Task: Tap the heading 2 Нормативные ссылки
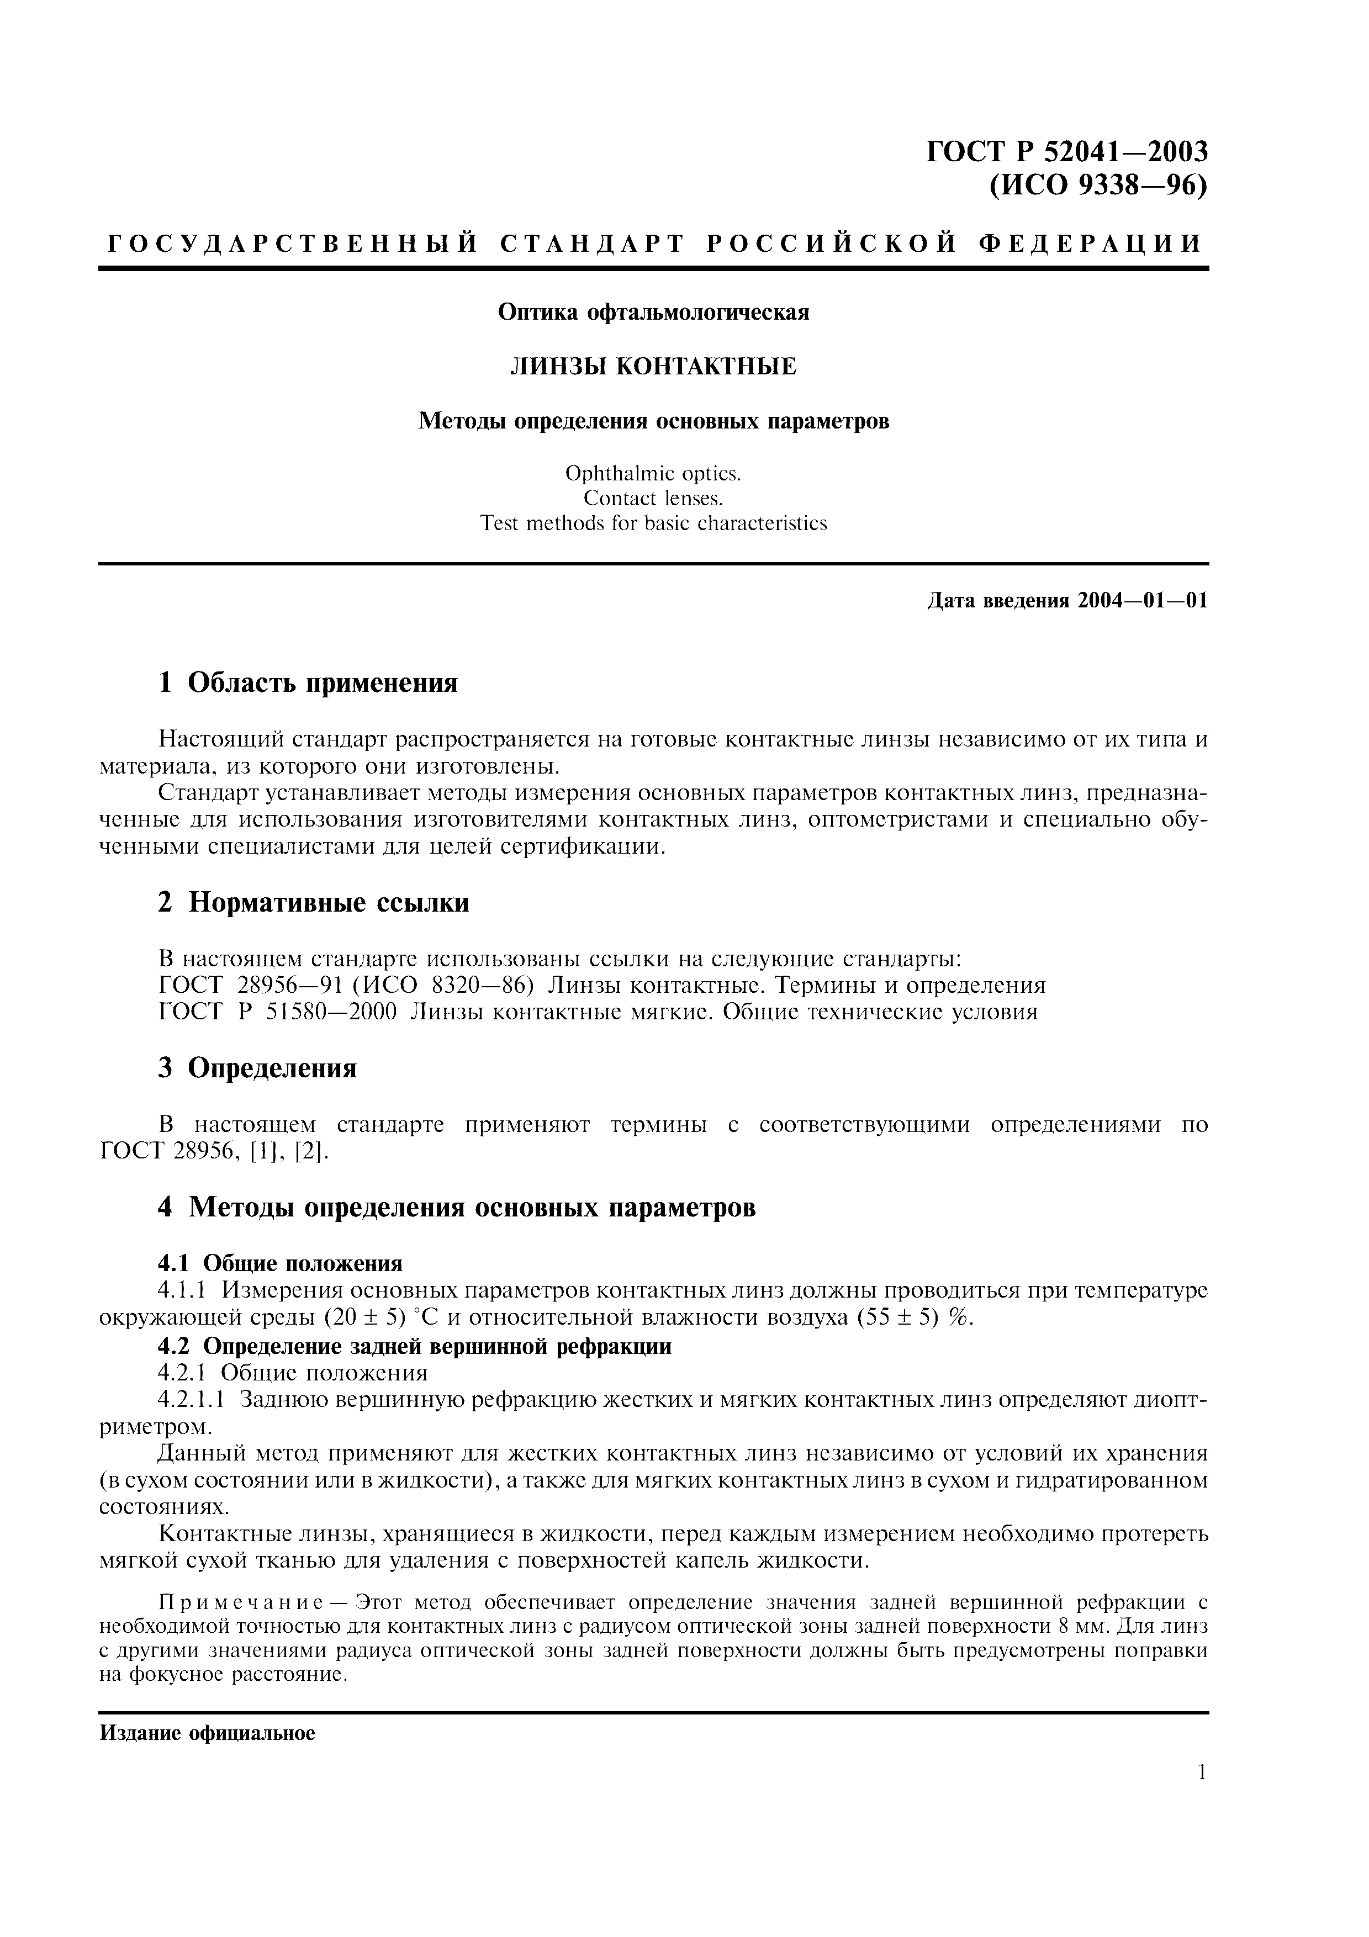pyautogui.click(x=313, y=903)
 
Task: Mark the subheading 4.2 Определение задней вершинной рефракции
pyautogui.click(x=414, y=1346)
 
